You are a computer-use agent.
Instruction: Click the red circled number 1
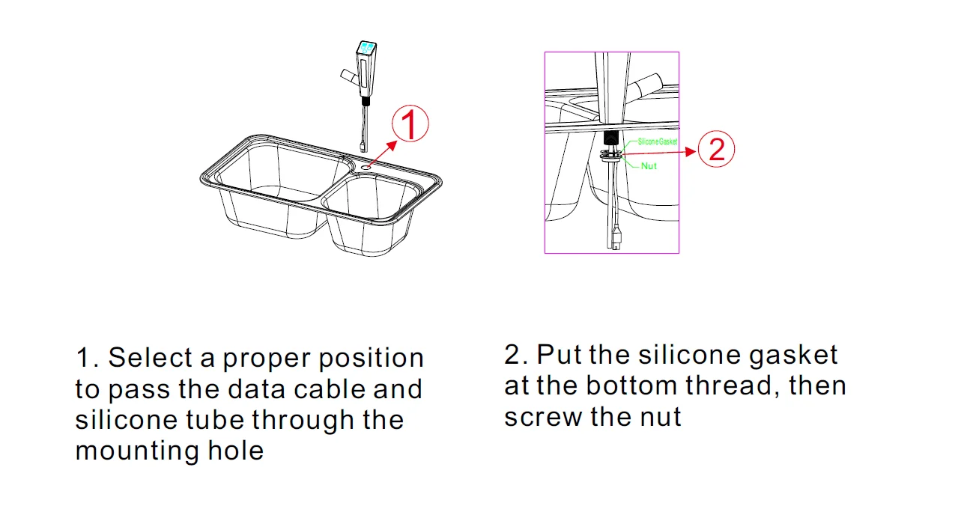coord(410,124)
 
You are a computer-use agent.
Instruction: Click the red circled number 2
coord(716,150)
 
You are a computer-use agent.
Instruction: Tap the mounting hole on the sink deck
coord(366,162)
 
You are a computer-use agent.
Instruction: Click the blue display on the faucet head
coord(367,49)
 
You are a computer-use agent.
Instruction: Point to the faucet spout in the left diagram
coord(348,76)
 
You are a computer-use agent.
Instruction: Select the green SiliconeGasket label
coord(657,141)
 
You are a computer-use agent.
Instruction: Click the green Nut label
coord(649,165)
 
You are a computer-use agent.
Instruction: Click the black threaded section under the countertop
coord(610,139)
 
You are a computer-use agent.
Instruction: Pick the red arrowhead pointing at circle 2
coord(690,150)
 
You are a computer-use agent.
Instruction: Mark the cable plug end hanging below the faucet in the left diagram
coord(363,145)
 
